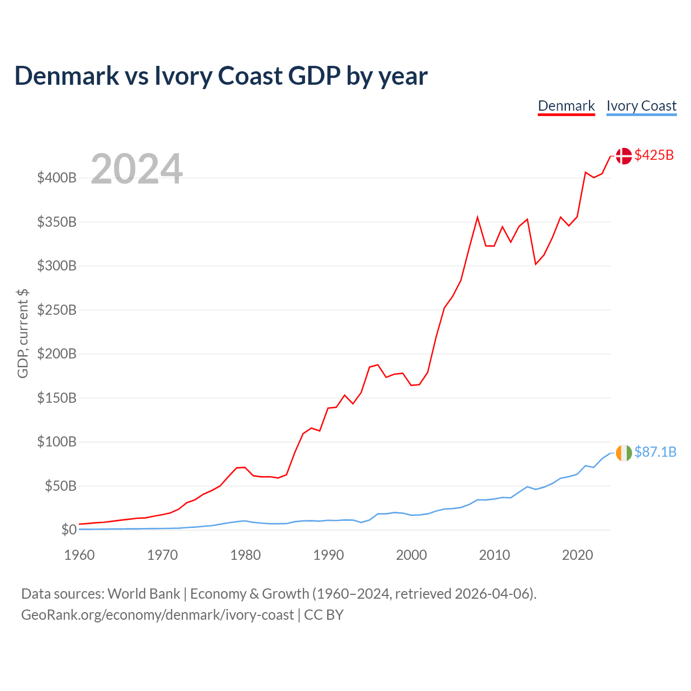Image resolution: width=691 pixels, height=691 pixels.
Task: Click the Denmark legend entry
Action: (566, 106)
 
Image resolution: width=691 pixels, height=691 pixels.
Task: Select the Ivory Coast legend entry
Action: (641, 106)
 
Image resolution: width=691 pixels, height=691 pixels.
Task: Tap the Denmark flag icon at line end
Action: (624, 156)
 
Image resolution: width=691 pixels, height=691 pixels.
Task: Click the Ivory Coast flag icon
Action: (624, 453)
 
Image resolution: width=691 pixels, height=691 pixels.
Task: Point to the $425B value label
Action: (654, 155)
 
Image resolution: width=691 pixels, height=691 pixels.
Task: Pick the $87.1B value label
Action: (655, 452)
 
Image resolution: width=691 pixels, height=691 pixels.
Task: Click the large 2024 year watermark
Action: (137, 168)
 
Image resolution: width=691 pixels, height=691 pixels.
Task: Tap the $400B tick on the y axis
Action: (57, 178)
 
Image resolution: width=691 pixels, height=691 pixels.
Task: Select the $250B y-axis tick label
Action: (57, 310)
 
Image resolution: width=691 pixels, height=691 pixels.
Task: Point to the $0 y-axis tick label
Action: (69, 530)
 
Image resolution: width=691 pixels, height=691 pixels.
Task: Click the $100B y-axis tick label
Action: (57, 442)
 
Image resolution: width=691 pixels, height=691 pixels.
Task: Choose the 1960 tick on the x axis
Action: (79, 555)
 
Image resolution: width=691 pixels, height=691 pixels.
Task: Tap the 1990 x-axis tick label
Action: (328, 555)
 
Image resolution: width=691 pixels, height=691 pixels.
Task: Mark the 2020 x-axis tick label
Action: (577, 555)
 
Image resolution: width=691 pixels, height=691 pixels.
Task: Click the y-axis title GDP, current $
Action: (23, 334)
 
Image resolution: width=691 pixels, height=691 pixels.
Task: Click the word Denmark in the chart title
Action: (67, 76)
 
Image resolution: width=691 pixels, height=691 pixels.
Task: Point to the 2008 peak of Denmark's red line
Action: (478, 217)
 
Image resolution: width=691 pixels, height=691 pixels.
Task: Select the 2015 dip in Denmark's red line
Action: (536, 265)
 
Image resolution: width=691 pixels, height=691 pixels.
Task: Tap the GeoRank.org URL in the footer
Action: (158, 615)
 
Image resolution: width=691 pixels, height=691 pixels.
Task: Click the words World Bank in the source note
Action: (144, 594)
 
